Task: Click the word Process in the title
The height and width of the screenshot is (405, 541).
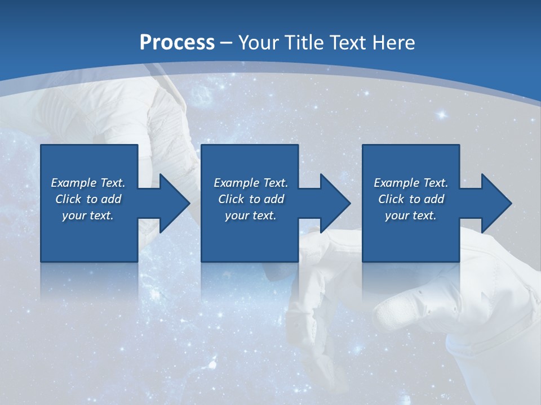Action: click(177, 43)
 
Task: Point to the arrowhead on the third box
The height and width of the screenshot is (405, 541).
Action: click(495, 203)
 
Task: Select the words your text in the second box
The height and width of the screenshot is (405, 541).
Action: click(250, 215)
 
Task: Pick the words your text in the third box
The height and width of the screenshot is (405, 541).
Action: click(410, 215)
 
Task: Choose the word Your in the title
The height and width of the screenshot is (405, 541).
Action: click(256, 43)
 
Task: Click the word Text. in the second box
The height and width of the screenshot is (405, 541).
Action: click(275, 183)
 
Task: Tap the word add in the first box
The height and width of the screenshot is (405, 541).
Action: click(111, 199)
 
